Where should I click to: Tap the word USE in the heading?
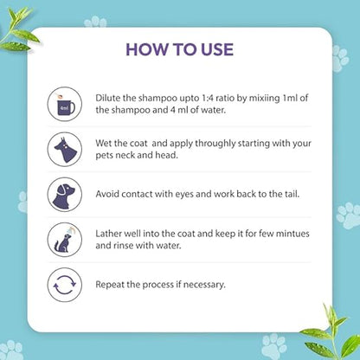217,49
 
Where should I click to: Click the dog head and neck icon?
65,149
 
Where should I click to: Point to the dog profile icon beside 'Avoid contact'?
65,195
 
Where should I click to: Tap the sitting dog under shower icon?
65,240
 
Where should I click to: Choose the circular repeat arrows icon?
65,285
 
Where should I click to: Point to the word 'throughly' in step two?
215,144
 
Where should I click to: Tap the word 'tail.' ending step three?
292,194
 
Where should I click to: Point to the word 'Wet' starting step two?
102,144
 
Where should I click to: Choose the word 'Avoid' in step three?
107,194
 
